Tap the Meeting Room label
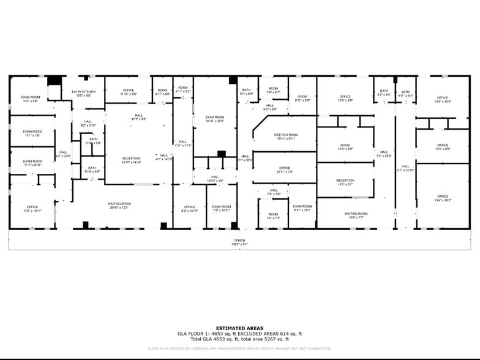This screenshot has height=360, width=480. pos(285,137)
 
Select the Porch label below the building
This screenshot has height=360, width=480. pos(239,242)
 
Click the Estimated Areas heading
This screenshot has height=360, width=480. pos(239,328)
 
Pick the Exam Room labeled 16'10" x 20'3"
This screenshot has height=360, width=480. pos(215,119)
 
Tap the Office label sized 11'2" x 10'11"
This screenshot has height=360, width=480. pos(32,209)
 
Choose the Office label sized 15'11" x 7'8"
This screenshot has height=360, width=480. pos(285,170)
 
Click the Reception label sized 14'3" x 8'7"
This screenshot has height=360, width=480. pos(345,182)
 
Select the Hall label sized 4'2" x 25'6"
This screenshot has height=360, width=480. pos(63,154)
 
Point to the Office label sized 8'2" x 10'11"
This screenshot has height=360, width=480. pos(189,209)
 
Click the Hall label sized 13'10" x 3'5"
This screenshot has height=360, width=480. pos(214,179)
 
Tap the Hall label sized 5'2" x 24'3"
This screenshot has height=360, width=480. pos(384,154)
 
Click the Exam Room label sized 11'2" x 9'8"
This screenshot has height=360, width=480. pos(31,99)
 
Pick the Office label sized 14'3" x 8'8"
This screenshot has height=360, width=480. pos(345,98)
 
